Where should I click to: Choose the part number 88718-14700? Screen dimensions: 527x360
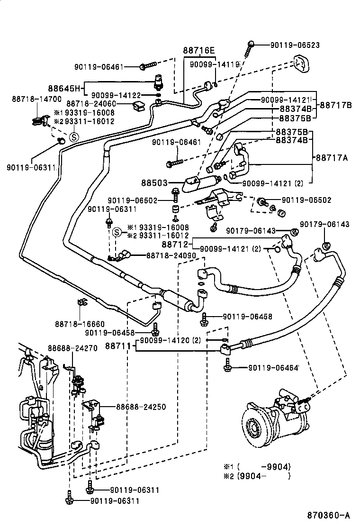click(x=36, y=99)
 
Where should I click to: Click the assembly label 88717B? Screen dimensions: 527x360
click(x=335, y=104)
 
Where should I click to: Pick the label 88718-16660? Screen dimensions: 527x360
click(x=80, y=324)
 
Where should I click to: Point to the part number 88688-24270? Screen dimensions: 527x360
click(x=72, y=348)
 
